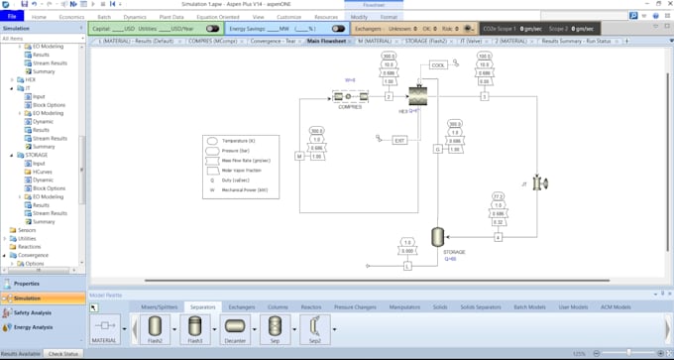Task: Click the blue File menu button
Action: [12, 17]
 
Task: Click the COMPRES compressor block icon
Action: [350, 96]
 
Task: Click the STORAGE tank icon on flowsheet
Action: [436, 237]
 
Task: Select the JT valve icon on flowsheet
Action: [540, 183]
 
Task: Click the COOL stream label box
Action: [438, 65]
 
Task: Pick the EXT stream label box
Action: [399, 140]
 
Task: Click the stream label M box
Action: [298, 156]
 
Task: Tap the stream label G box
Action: [437, 149]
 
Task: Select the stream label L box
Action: [407, 266]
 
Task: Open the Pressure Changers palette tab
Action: [354, 307]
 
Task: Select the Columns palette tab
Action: [278, 307]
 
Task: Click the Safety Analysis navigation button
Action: [34, 312]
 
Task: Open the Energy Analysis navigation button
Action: [34, 327]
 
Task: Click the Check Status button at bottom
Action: [63, 354]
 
